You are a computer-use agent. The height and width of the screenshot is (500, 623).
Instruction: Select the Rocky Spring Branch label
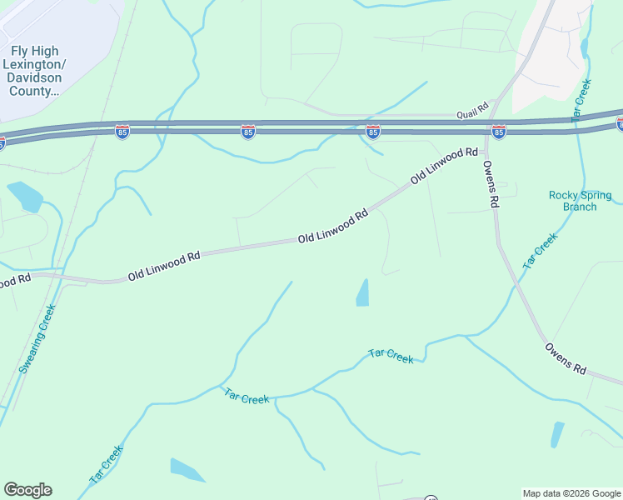579,201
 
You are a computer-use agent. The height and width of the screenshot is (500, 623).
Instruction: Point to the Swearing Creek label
37,338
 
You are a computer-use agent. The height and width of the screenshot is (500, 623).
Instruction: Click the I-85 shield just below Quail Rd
498,132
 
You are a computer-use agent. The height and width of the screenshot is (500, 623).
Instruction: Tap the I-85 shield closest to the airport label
122,132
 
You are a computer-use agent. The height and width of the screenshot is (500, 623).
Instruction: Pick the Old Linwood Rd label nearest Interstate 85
445,167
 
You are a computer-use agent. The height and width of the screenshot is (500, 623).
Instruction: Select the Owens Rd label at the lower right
566,357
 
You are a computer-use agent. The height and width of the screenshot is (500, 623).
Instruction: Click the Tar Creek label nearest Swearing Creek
106,466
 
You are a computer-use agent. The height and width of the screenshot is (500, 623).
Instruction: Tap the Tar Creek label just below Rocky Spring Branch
540,250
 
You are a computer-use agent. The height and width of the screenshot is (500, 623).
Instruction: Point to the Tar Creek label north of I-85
582,101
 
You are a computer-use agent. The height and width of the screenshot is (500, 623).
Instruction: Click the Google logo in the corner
27,490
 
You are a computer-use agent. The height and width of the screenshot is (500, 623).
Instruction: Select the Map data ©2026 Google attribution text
571,493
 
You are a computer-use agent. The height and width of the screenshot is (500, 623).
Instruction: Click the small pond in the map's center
363,292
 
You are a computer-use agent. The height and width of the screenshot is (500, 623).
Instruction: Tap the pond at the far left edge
26,196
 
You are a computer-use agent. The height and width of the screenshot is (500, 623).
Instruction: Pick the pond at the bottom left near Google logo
187,470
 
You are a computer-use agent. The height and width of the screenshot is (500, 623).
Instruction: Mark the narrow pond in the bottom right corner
556,434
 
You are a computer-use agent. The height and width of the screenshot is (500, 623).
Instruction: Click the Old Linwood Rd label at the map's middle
333,227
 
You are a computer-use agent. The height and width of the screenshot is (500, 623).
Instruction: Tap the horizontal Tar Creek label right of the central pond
391,357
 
